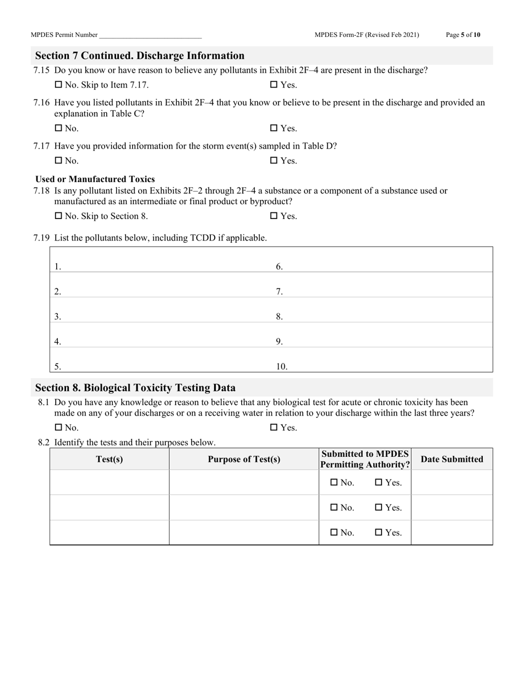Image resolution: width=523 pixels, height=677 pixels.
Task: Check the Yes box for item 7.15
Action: [x=274, y=85]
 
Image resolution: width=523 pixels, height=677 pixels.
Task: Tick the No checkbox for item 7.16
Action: [x=58, y=128]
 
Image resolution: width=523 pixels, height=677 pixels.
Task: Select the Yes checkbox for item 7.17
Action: [x=274, y=161]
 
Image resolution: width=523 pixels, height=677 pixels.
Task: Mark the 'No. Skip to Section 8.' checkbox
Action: [x=58, y=216]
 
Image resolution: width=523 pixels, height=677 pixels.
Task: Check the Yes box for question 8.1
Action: [x=274, y=428]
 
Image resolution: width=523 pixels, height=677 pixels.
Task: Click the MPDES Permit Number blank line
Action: [x=150, y=35]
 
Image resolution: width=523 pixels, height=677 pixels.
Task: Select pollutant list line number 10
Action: [x=385, y=367]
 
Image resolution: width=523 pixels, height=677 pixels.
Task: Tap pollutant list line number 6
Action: [x=385, y=267]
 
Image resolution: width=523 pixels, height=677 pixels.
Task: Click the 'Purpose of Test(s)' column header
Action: [x=244, y=459]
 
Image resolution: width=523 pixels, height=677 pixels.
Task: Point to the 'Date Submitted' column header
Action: [x=451, y=459]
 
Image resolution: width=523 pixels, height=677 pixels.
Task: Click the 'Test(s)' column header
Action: [x=109, y=459]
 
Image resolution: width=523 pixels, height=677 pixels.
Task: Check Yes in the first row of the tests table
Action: [x=378, y=482]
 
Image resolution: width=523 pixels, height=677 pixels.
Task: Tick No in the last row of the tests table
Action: [x=334, y=532]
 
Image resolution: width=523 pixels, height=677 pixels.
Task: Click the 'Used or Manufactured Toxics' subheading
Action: [x=95, y=179]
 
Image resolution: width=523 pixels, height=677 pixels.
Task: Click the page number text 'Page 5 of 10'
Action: [x=462, y=35]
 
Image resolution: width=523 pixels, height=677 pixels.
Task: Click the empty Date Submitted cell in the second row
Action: [x=451, y=507]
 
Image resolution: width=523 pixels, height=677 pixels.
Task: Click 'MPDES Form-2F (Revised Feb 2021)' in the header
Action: [x=367, y=35]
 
